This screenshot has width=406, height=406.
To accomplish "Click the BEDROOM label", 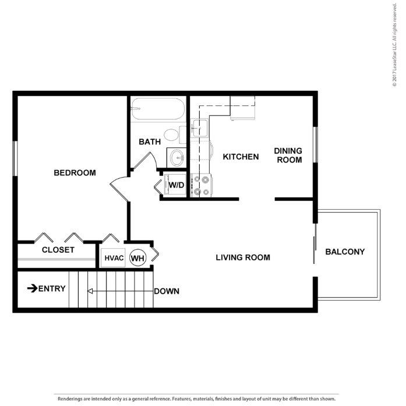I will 75,173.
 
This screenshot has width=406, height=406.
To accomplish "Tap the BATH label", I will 150,142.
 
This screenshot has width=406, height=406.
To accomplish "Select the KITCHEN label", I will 241,157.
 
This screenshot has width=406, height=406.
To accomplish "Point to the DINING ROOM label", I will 288,155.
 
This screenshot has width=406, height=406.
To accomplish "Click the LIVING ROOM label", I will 243,257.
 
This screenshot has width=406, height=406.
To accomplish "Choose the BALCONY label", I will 345,252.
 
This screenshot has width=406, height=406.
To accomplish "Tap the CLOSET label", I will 58,250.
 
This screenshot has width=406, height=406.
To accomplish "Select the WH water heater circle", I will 137,257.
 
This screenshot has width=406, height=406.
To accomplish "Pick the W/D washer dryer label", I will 176,186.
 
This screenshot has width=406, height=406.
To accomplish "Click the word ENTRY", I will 52,288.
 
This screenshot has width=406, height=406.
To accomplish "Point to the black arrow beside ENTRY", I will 32,288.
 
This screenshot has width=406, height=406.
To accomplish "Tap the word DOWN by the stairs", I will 167,291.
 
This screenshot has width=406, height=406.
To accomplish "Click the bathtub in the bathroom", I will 158,109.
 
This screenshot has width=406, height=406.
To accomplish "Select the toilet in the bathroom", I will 172,135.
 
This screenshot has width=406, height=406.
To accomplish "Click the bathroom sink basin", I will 176,157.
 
